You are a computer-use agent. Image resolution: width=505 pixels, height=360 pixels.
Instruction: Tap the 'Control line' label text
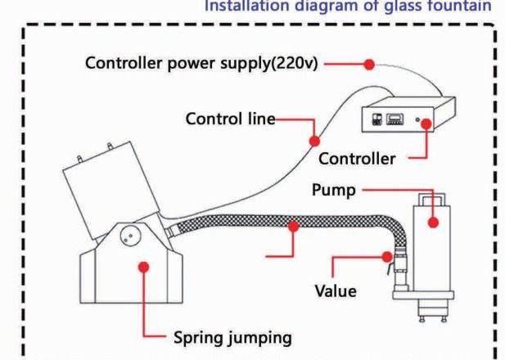pyautogui.click(x=232, y=119)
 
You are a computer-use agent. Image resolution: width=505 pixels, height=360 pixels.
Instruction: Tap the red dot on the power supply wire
pyautogui.click(x=369, y=63)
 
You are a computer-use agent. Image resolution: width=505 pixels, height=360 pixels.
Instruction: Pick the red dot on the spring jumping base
pyautogui.click(x=145, y=266)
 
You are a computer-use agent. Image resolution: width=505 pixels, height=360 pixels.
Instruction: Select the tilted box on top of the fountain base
pyautogui.click(x=107, y=187)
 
